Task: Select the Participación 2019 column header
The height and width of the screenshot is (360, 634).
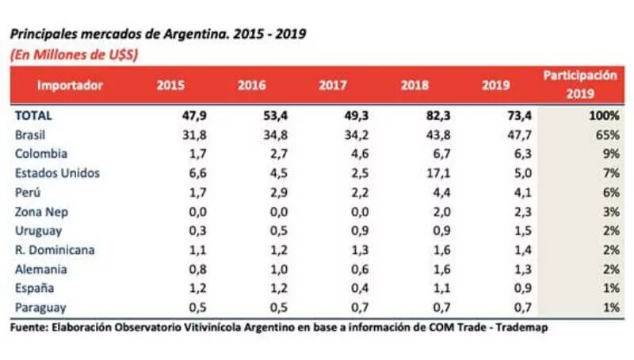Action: pyautogui.click(x=579, y=85)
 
